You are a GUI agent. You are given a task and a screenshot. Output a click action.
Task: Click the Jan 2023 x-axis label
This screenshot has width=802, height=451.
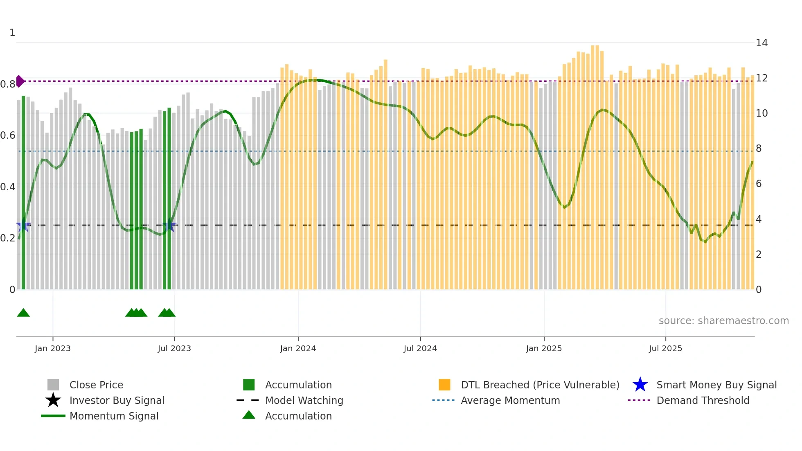tap(53, 348)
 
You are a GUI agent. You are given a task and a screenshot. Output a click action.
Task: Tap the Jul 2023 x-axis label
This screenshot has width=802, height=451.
tap(174, 348)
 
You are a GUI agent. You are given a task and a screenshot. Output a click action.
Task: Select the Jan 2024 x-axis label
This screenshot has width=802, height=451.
tap(298, 348)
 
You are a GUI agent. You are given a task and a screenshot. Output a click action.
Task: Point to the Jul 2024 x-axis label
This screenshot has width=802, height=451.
tap(420, 348)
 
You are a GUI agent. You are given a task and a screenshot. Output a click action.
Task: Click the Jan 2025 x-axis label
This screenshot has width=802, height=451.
tap(544, 348)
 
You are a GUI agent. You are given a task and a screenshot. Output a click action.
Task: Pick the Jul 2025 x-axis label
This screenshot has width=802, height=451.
tap(665, 348)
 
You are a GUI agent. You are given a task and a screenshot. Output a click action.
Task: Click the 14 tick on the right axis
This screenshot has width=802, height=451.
tap(761, 43)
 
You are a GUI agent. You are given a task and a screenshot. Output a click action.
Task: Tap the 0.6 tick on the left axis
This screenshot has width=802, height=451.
tap(8, 135)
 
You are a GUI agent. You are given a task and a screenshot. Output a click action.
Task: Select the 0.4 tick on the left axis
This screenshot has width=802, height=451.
tap(8, 187)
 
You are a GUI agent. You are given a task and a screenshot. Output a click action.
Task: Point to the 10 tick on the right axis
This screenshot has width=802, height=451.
tap(761, 113)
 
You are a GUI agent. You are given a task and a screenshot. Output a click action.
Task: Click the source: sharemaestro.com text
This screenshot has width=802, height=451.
tap(723, 321)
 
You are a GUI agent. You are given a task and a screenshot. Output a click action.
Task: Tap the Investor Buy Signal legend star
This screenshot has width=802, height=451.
tap(53, 400)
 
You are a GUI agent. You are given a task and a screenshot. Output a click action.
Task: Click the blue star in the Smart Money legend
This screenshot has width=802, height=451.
tap(640, 385)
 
